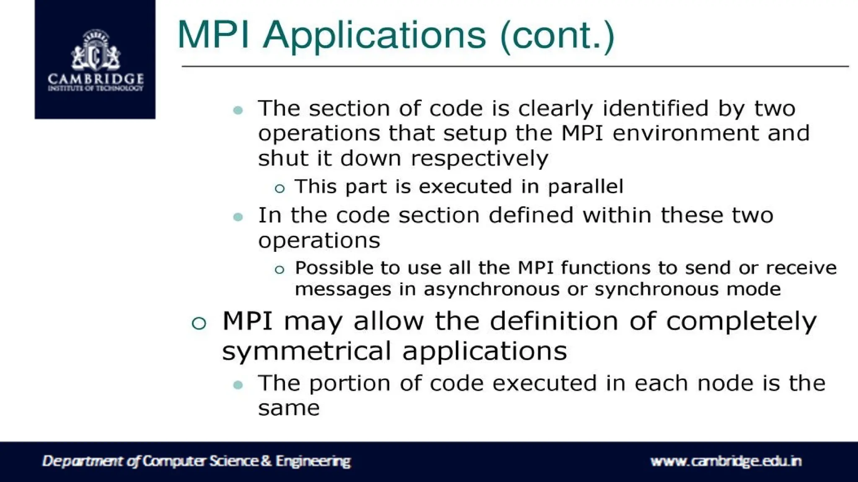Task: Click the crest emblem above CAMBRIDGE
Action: click(96, 51)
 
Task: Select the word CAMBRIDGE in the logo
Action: click(96, 78)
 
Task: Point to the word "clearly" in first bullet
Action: click(556, 109)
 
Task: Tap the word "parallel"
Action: click(585, 187)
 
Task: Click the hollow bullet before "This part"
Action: click(279, 189)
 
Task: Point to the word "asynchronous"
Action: click(491, 289)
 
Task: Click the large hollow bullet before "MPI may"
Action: click(199, 323)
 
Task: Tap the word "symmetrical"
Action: click(306, 351)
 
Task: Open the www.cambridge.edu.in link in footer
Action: click(726, 461)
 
